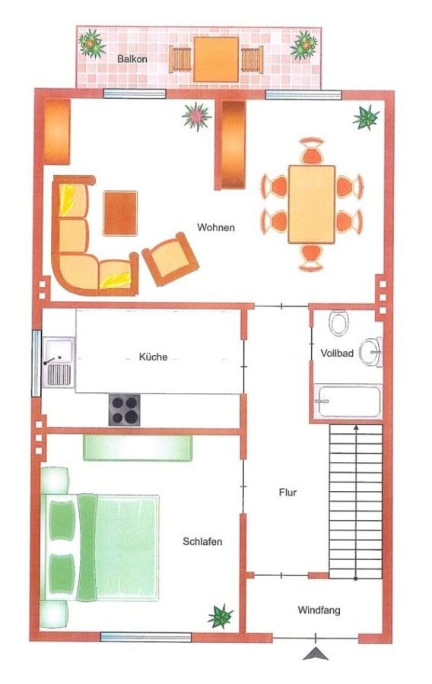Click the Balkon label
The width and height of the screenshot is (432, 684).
pos(132,59)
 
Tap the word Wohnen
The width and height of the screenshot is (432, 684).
pos(215,227)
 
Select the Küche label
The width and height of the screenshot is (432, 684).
pos(153,357)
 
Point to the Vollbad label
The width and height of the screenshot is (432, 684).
pos(337,353)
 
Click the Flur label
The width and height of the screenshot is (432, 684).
pos(287,492)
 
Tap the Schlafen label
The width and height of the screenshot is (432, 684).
pos(202,541)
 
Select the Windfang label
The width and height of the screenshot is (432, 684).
pos(319,610)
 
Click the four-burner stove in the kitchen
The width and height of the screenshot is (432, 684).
pos(125,410)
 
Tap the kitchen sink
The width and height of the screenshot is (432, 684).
pos(59,362)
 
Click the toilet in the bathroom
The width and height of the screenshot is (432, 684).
pos(338,323)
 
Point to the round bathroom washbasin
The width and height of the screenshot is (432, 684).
pos(370,352)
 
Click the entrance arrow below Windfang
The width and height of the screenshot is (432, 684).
pos(316,653)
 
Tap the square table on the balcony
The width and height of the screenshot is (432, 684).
pos(217,59)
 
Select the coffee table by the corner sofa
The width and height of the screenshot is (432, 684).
pos(120,214)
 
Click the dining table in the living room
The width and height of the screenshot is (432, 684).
pos(312,204)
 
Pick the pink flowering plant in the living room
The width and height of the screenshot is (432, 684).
pos(197,116)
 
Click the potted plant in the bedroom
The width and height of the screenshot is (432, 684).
pos(221,616)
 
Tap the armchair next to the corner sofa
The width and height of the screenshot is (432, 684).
pos(170,259)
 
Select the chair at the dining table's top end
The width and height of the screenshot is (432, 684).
pos(312,150)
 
